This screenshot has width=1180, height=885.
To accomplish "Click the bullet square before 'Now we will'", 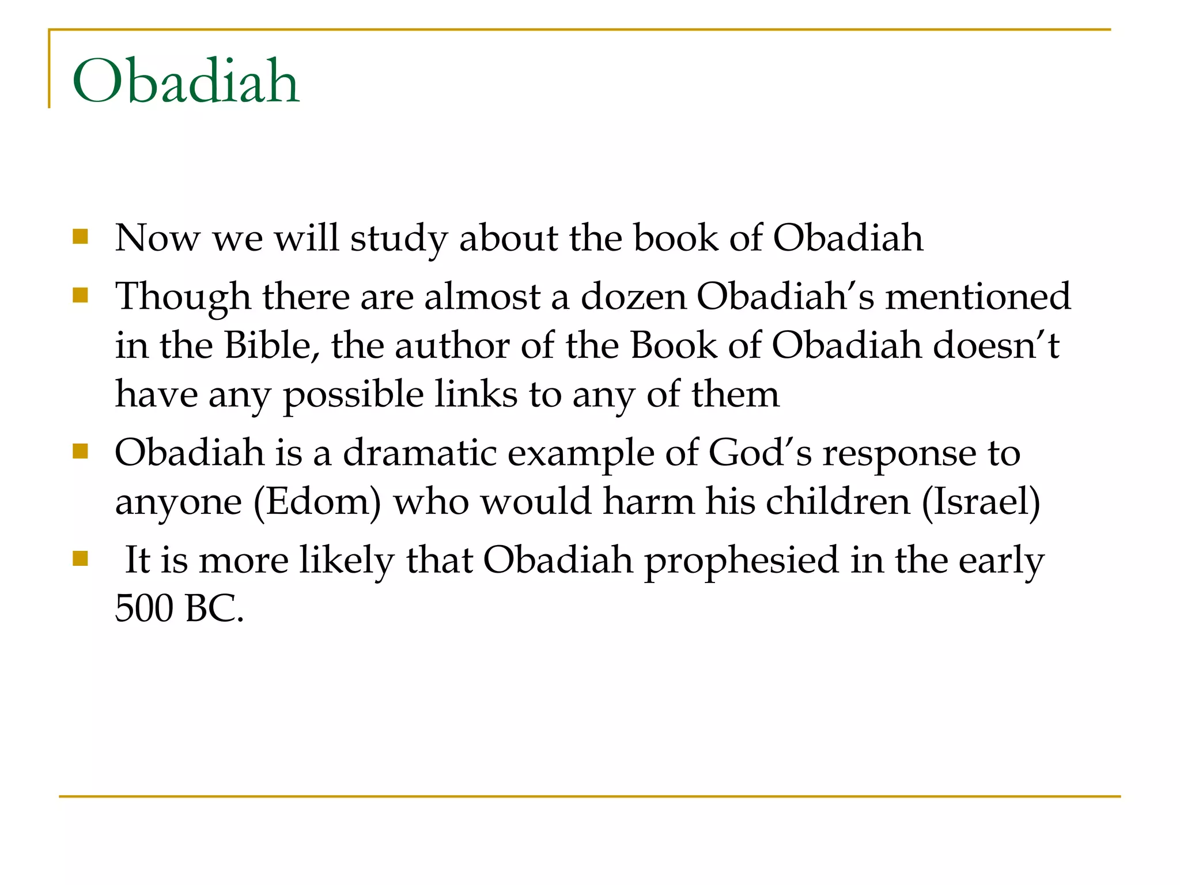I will (81, 237).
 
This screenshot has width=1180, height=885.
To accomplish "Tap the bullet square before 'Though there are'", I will (81, 296).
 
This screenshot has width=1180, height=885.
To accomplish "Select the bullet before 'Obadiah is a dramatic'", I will (81, 451).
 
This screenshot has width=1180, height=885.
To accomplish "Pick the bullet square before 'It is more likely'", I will (81, 558).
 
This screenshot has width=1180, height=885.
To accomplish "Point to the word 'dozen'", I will (633, 296).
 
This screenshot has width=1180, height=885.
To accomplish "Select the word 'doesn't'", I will (996, 346).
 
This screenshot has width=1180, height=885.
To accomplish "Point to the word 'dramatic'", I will (419, 453).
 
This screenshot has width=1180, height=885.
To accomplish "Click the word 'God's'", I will (759, 453).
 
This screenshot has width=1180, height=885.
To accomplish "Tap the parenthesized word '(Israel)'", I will (981, 502).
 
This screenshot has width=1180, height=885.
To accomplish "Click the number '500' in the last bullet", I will (144, 608).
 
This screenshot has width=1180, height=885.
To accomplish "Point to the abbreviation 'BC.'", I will (215, 608).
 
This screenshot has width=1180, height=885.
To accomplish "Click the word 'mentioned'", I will (978, 296).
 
